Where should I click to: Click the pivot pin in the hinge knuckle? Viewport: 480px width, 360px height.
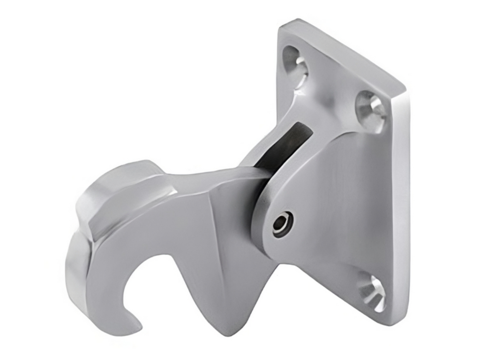[x=283, y=222]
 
